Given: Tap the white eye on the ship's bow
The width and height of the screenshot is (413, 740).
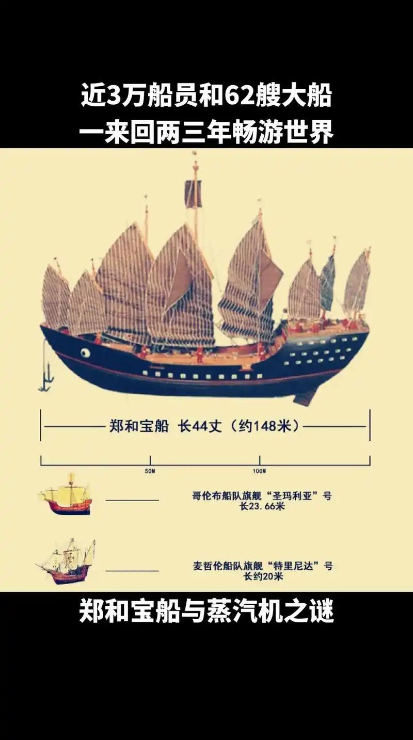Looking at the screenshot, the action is pyautogui.click(x=85, y=352).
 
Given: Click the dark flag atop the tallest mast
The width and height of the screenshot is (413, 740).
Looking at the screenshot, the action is pyautogui.click(x=193, y=194).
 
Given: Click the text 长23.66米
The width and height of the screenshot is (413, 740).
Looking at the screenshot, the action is pyautogui.click(x=262, y=507).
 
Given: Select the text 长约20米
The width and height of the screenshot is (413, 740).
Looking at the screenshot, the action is pyautogui.click(x=262, y=576).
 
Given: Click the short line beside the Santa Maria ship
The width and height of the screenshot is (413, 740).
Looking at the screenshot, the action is pyautogui.click(x=132, y=500).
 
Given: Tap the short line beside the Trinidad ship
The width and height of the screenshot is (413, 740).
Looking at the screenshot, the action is pyautogui.click(x=132, y=570).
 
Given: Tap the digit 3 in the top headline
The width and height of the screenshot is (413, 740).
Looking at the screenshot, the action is pyautogui.click(x=113, y=97).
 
